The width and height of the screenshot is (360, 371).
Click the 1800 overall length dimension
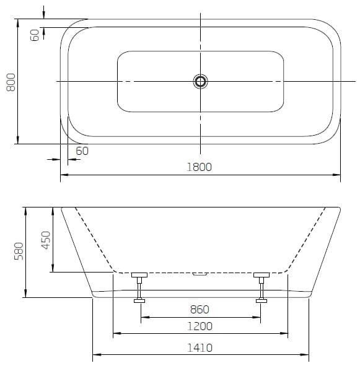(x=200, y=167)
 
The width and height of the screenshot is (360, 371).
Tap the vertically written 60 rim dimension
(x=35, y=35)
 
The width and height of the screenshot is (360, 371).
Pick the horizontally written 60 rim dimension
(x=82, y=151)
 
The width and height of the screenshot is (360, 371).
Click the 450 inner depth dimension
(x=45, y=239)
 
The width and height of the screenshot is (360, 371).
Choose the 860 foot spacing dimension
(x=200, y=309)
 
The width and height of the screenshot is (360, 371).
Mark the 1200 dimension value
(x=200, y=326)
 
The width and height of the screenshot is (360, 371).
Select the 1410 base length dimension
(x=200, y=347)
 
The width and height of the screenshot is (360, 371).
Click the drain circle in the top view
(x=200, y=81)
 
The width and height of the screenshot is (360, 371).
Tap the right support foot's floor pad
(x=261, y=301)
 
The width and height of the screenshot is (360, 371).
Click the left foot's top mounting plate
(x=139, y=274)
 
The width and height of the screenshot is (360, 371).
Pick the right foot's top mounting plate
(x=261, y=274)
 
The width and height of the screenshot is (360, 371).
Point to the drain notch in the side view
(x=200, y=272)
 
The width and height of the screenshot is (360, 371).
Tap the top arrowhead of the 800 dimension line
(x=18, y=24)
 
